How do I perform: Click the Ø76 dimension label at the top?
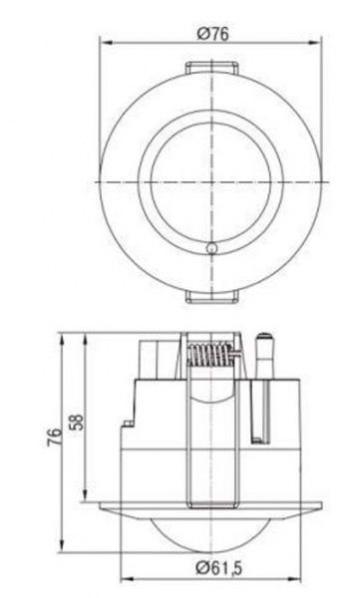213,33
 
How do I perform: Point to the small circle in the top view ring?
210,248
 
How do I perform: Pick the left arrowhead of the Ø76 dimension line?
103,43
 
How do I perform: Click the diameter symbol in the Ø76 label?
201,33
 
